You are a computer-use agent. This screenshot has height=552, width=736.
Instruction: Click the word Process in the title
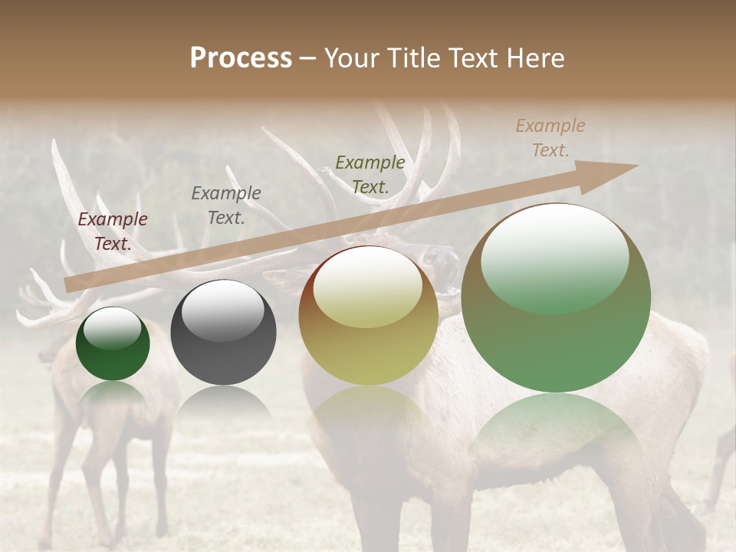(241, 58)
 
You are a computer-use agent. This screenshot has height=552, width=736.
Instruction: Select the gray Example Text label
(225, 205)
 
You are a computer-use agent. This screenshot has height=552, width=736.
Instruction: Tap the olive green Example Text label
(370, 175)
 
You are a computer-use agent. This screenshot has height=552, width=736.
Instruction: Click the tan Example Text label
(550, 138)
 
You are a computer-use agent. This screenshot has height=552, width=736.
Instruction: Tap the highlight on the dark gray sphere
(222, 307)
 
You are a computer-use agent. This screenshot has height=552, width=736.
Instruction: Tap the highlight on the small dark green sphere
(113, 328)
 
